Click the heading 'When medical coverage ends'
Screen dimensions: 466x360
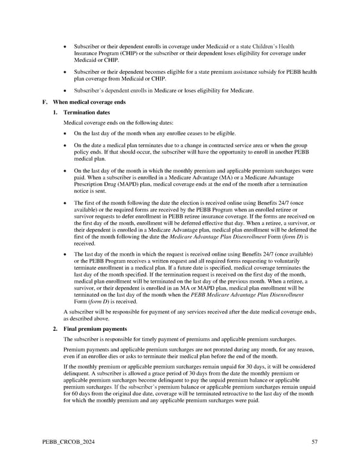pyautogui.click(x=89, y=102)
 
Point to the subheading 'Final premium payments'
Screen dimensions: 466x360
pyautogui.click(x=95, y=329)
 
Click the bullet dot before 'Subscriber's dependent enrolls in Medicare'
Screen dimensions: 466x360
pyautogui.click(x=65, y=91)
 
